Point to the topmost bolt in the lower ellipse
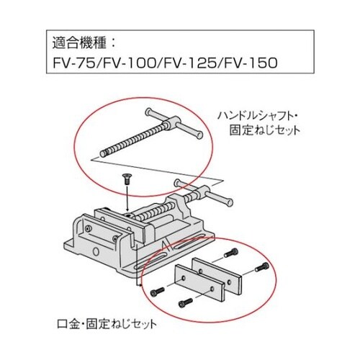tap(231, 252)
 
